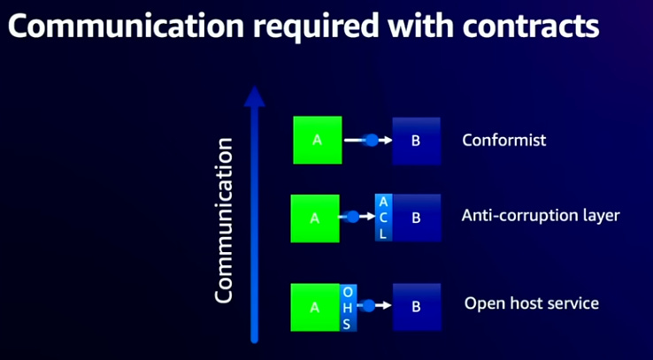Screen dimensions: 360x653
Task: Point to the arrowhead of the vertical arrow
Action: click(254, 96)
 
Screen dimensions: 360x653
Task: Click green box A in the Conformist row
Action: click(317, 140)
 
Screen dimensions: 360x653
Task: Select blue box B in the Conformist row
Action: click(417, 140)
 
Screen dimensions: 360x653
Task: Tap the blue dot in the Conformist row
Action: click(372, 140)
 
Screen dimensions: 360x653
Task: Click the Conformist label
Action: click(504, 140)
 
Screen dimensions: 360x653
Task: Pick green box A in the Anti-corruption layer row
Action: click(315, 218)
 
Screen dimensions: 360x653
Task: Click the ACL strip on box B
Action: click(383, 218)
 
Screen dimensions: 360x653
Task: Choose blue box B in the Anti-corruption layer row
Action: click(417, 218)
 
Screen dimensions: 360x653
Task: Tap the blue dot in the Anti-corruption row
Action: click(353, 217)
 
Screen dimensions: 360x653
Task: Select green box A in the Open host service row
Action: click(315, 308)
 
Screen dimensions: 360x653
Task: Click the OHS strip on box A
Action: click(348, 308)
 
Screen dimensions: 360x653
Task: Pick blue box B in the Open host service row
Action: click(417, 308)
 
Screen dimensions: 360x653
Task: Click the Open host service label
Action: click(532, 303)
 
